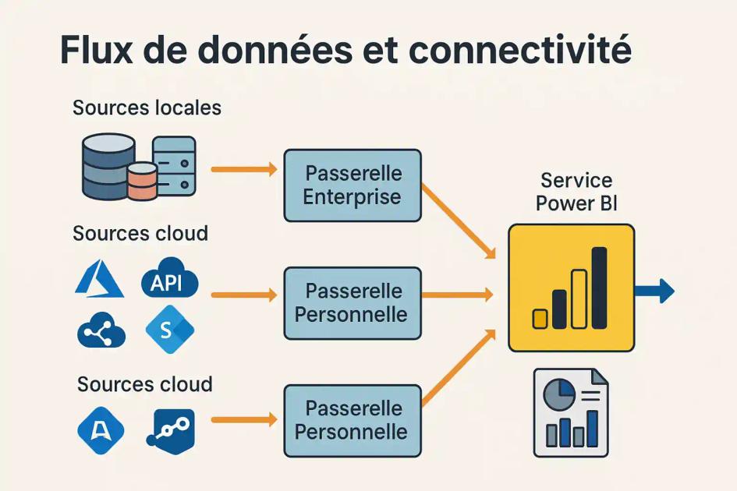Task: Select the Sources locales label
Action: point(147,108)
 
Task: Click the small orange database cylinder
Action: point(143,181)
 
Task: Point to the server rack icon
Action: point(175,166)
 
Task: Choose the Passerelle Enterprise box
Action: point(353,185)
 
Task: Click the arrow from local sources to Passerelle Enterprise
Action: point(244,169)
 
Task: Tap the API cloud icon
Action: point(170,278)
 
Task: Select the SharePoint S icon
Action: point(170,329)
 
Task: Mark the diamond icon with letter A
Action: point(101,430)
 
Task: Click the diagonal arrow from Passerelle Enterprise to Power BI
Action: point(459,221)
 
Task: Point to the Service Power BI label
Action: point(576,192)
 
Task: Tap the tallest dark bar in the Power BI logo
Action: point(599,288)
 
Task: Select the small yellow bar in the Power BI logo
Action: point(540,319)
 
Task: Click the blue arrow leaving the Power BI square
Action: point(655,291)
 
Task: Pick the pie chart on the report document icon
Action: point(559,394)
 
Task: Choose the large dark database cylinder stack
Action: point(108,166)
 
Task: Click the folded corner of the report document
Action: point(599,378)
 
